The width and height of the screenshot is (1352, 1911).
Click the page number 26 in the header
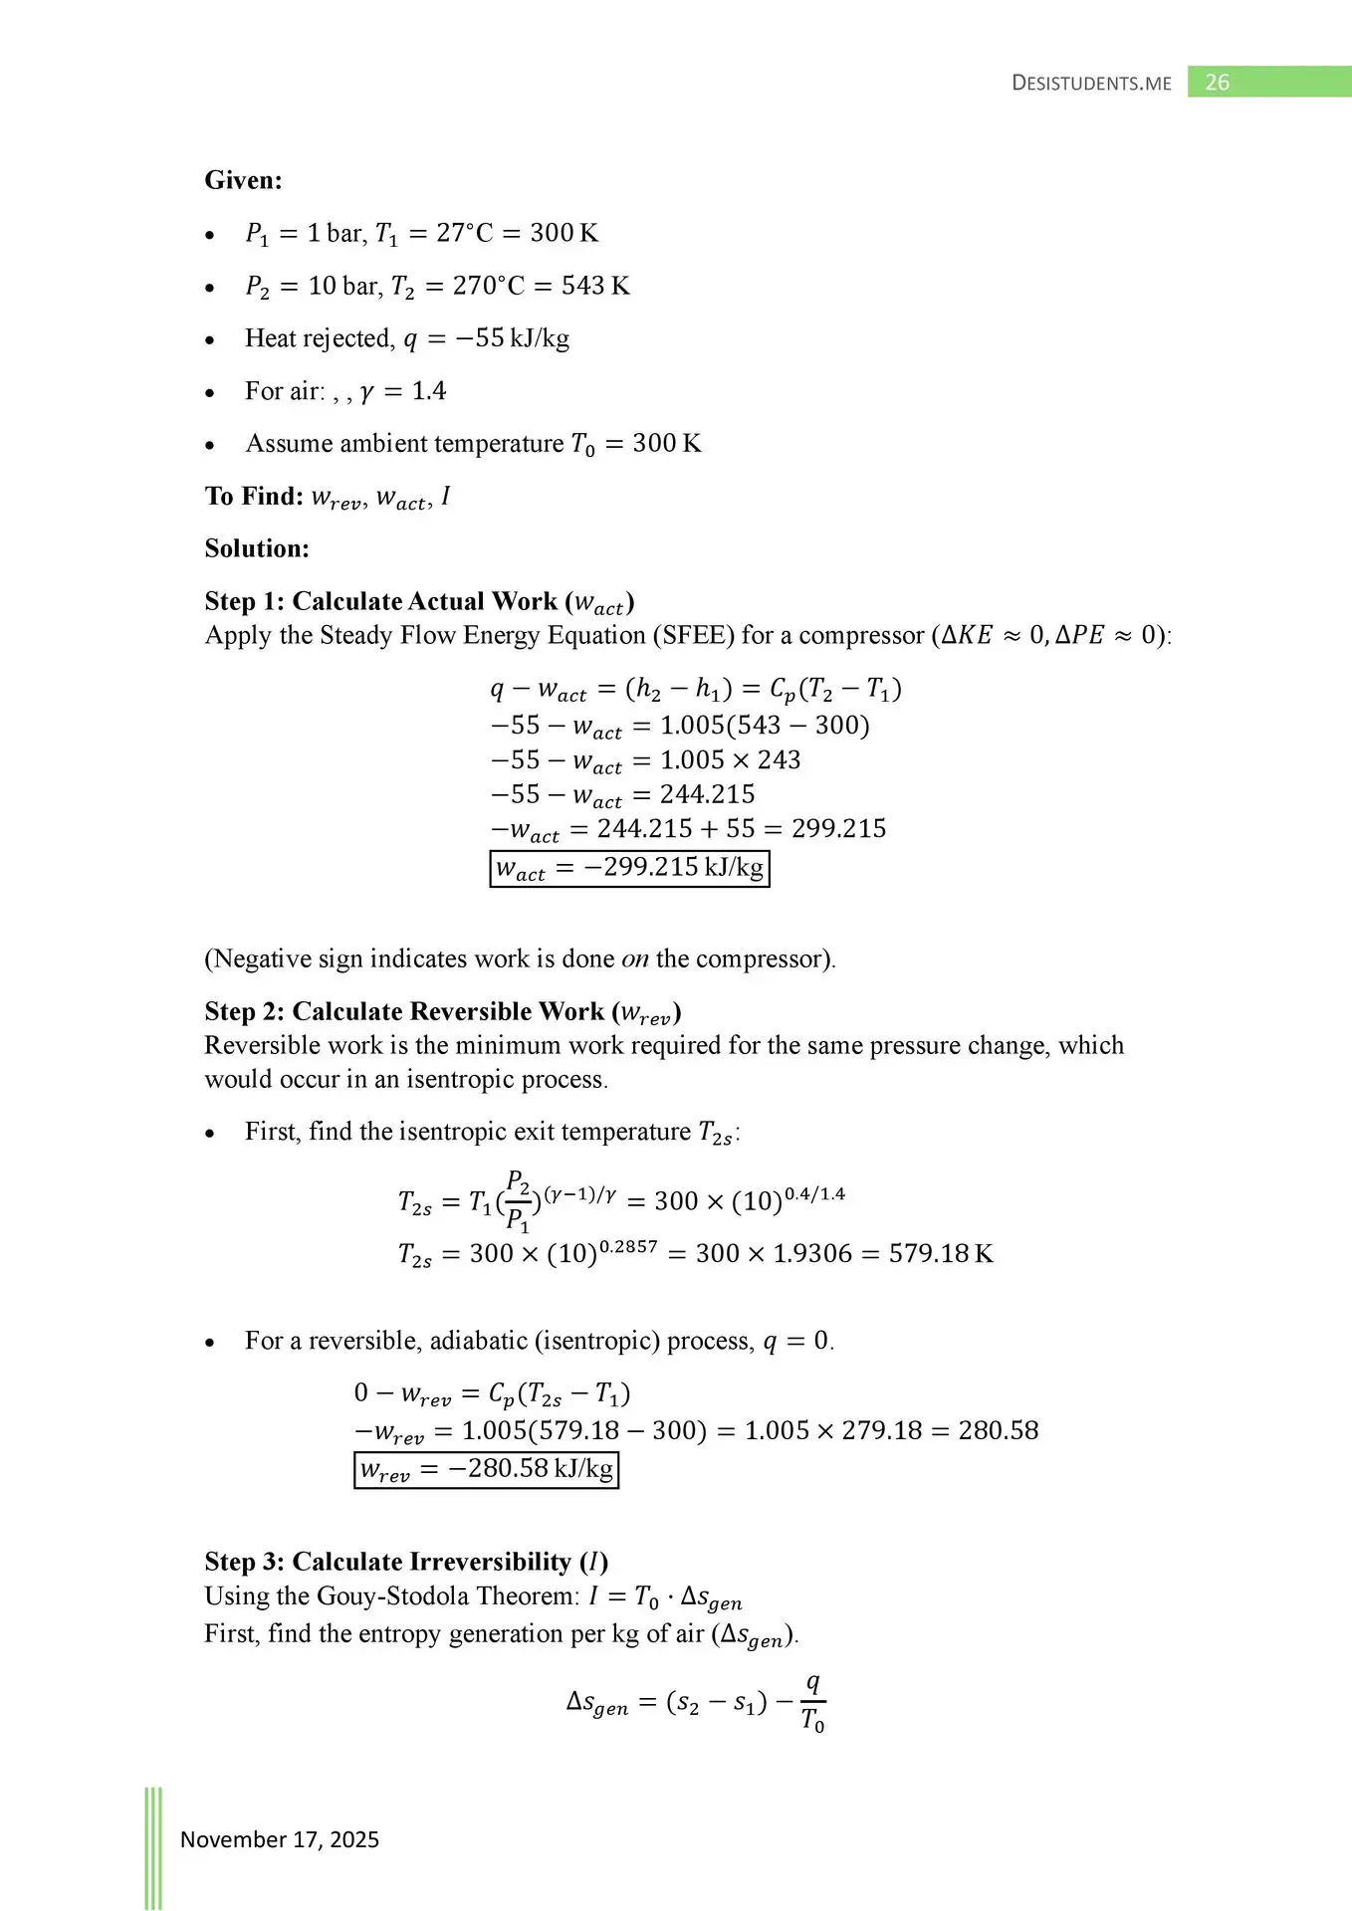point(1217,83)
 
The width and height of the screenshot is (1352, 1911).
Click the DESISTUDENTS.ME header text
point(1091,84)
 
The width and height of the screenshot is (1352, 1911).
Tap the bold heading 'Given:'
point(244,180)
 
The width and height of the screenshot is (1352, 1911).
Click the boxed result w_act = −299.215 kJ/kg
point(629,868)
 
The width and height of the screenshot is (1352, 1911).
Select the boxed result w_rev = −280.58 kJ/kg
point(486,1469)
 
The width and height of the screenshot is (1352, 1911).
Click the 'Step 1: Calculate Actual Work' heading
point(419,602)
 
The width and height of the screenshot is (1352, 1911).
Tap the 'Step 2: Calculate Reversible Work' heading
point(442,1012)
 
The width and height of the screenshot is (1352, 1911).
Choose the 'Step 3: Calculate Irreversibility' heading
point(406,1562)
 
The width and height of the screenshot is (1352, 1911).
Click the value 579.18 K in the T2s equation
point(941,1253)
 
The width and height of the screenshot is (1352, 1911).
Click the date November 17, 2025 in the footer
point(280,1839)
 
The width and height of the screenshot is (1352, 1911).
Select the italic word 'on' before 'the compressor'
point(635,958)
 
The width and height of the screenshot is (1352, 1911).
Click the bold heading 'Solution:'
point(257,548)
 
